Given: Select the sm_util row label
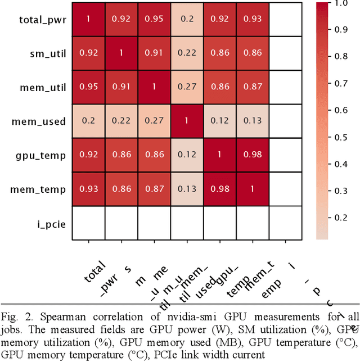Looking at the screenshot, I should [47, 53].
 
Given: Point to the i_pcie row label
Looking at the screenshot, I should [53, 224].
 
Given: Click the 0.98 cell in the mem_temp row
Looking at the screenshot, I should [221, 189].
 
